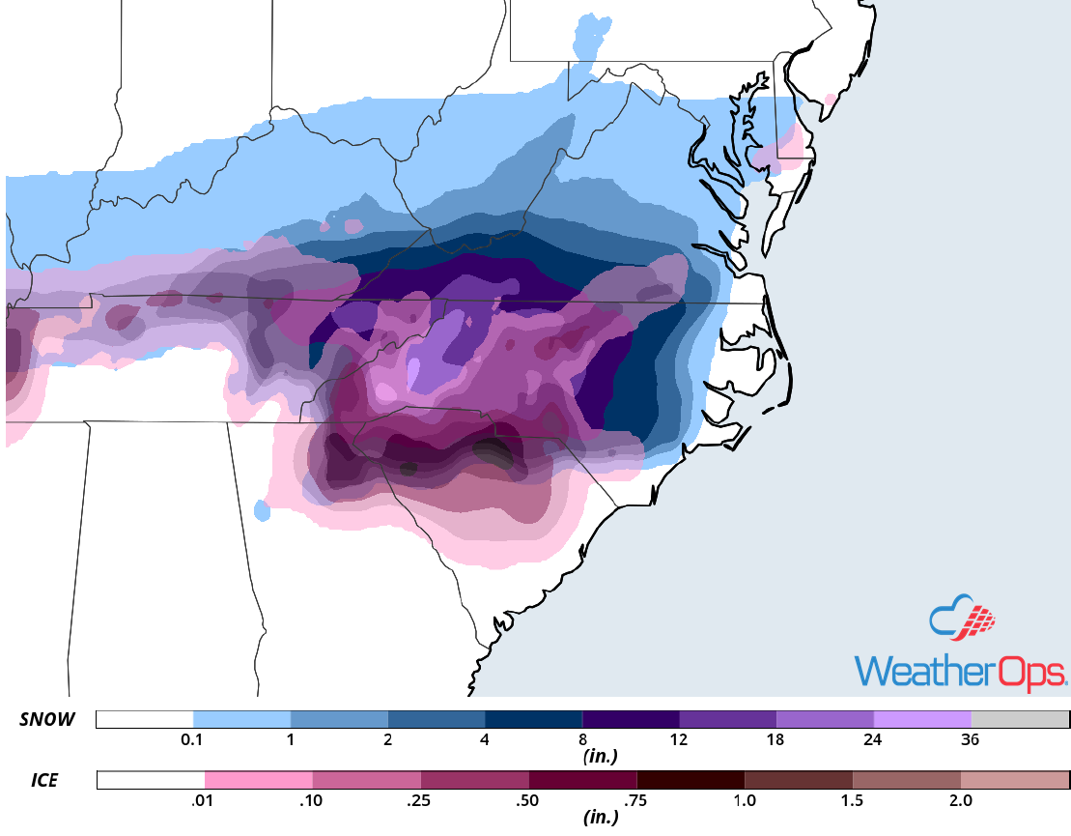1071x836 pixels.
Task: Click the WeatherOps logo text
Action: coord(960,672)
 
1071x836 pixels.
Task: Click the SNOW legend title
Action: coord(46,719)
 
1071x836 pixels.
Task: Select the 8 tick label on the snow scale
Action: coord(582,740)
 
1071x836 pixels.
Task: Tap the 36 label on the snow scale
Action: coord(971,740)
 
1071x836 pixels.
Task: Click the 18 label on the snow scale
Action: coord(776,740)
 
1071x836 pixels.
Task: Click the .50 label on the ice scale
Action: coord(528,800)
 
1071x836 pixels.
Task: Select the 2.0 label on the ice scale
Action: coord(960,800)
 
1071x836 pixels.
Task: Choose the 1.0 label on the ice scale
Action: coord(744,800)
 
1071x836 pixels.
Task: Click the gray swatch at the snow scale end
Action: coord(1020,719)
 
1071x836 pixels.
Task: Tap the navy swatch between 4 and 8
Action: coord(533,719)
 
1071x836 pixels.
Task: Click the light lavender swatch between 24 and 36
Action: coord(921,719)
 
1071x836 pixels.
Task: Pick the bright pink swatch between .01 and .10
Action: coord(258,779)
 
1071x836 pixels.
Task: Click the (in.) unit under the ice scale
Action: coord(601,818)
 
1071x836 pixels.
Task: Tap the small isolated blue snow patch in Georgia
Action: coord(261,509)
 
